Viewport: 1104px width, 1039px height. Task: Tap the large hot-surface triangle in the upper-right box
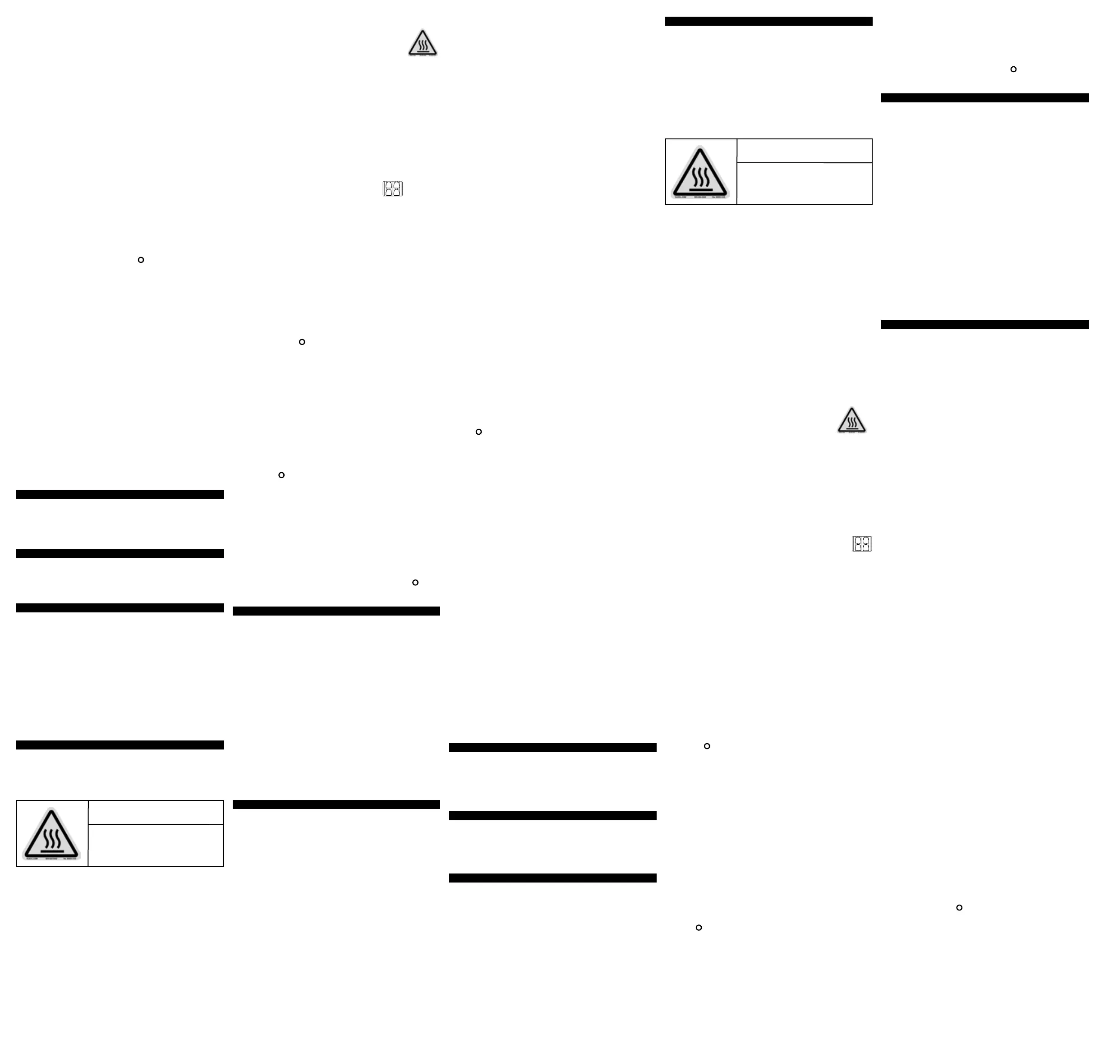click(x=700, y=172)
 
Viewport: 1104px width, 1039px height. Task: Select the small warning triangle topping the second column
click(x=423, y=43)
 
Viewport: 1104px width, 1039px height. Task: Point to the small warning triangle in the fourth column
click(x=851, y=420)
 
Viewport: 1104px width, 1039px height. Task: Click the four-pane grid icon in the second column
click(x=393, y=189)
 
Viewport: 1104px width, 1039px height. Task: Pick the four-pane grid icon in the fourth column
click(x=862, y=544)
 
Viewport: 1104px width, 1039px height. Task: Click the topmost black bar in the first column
click(x=120, y=495)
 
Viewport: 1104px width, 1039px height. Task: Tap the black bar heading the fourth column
click(x=768, y=21)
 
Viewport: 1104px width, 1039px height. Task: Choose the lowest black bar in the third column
click(x=552, y=878)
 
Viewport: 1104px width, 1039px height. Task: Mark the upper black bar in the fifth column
click(x=984, y=98)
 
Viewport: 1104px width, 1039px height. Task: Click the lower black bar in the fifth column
click(x=984, y=325)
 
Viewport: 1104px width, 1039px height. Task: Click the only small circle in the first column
click(x=141, y=260)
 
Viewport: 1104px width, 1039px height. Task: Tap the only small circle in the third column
click(x=478, y=432)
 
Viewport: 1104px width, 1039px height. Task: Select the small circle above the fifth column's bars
click(x=1013, y=69)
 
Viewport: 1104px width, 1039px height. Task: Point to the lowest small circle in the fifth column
click(x=959, y=908)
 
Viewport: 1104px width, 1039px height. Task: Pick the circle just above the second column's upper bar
click(x=415, y=583)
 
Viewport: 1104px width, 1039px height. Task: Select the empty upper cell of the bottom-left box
click(x=156, y=813)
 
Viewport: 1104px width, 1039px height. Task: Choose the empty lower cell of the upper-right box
click(x=804, y=184)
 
